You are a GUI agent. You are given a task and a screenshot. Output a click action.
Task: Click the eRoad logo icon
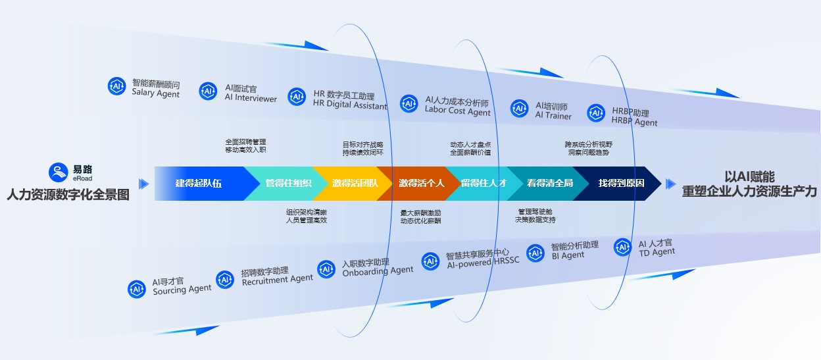59,172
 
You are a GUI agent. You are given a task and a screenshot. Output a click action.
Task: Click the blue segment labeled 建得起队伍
199,183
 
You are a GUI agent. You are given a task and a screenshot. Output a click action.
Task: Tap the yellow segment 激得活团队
355,183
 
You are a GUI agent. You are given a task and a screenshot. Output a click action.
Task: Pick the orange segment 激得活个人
422,183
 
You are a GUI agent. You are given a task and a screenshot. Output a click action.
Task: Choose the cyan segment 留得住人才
484,183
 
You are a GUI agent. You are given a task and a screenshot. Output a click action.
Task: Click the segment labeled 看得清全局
549,183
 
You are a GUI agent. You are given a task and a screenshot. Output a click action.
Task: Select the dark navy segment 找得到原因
621,183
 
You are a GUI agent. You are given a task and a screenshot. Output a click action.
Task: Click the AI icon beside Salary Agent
117,86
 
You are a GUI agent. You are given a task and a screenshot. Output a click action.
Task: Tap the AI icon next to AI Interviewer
209,91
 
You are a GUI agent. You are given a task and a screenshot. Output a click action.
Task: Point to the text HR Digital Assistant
350,105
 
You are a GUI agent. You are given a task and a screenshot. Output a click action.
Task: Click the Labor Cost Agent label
457,112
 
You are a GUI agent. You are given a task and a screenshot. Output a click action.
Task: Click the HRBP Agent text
634,122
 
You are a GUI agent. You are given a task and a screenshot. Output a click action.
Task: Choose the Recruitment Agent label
277,279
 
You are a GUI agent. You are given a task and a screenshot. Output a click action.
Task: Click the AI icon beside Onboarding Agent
327,269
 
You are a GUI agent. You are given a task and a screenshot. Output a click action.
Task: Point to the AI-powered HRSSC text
483,261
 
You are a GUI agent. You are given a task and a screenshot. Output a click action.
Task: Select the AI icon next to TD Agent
623,247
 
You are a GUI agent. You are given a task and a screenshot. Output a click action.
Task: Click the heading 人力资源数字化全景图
68,195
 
